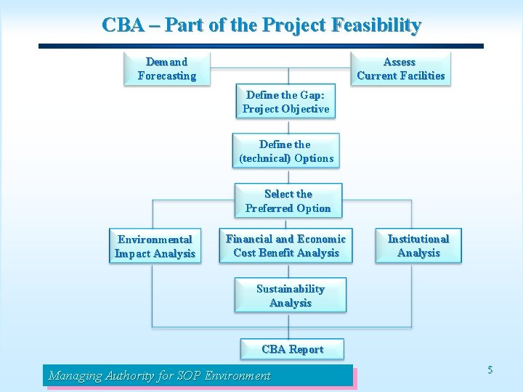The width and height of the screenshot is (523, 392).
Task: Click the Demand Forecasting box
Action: pyautogui.click(x=166, y=68)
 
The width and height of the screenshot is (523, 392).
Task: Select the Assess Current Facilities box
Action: pyautogui.click(x=400, y=68)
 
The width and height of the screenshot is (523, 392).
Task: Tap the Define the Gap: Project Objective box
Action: pyautogui.click(x=285, y=102)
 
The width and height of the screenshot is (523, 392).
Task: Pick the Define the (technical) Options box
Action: pyautogui.click(x=286, y=151)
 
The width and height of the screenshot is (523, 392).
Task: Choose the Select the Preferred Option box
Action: pyautogui.click(x=288, y=201)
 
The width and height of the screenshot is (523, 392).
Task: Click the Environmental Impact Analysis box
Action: pyautogui.click(x=155, y=246)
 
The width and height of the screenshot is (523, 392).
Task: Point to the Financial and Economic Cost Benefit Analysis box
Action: pyautogui.click(x=286, y=245)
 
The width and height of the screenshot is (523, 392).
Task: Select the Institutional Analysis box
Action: pyautogui.click(x=418, y=245)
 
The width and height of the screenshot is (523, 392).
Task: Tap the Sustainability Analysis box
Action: pyautogui.click(x=290, y=295)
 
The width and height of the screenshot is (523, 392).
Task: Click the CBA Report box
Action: pyautogui.click(x=292, y=349)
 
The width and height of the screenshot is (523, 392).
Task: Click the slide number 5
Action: pyautogui.click(x=490, y=370)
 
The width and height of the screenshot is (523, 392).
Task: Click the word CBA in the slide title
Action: pyautogui.click(x=123, y=25)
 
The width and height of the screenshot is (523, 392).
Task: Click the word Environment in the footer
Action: pyautogui.click(x=238, y=375)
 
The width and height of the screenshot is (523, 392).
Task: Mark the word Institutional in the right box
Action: pyautogui.click(x=418, y=239)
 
